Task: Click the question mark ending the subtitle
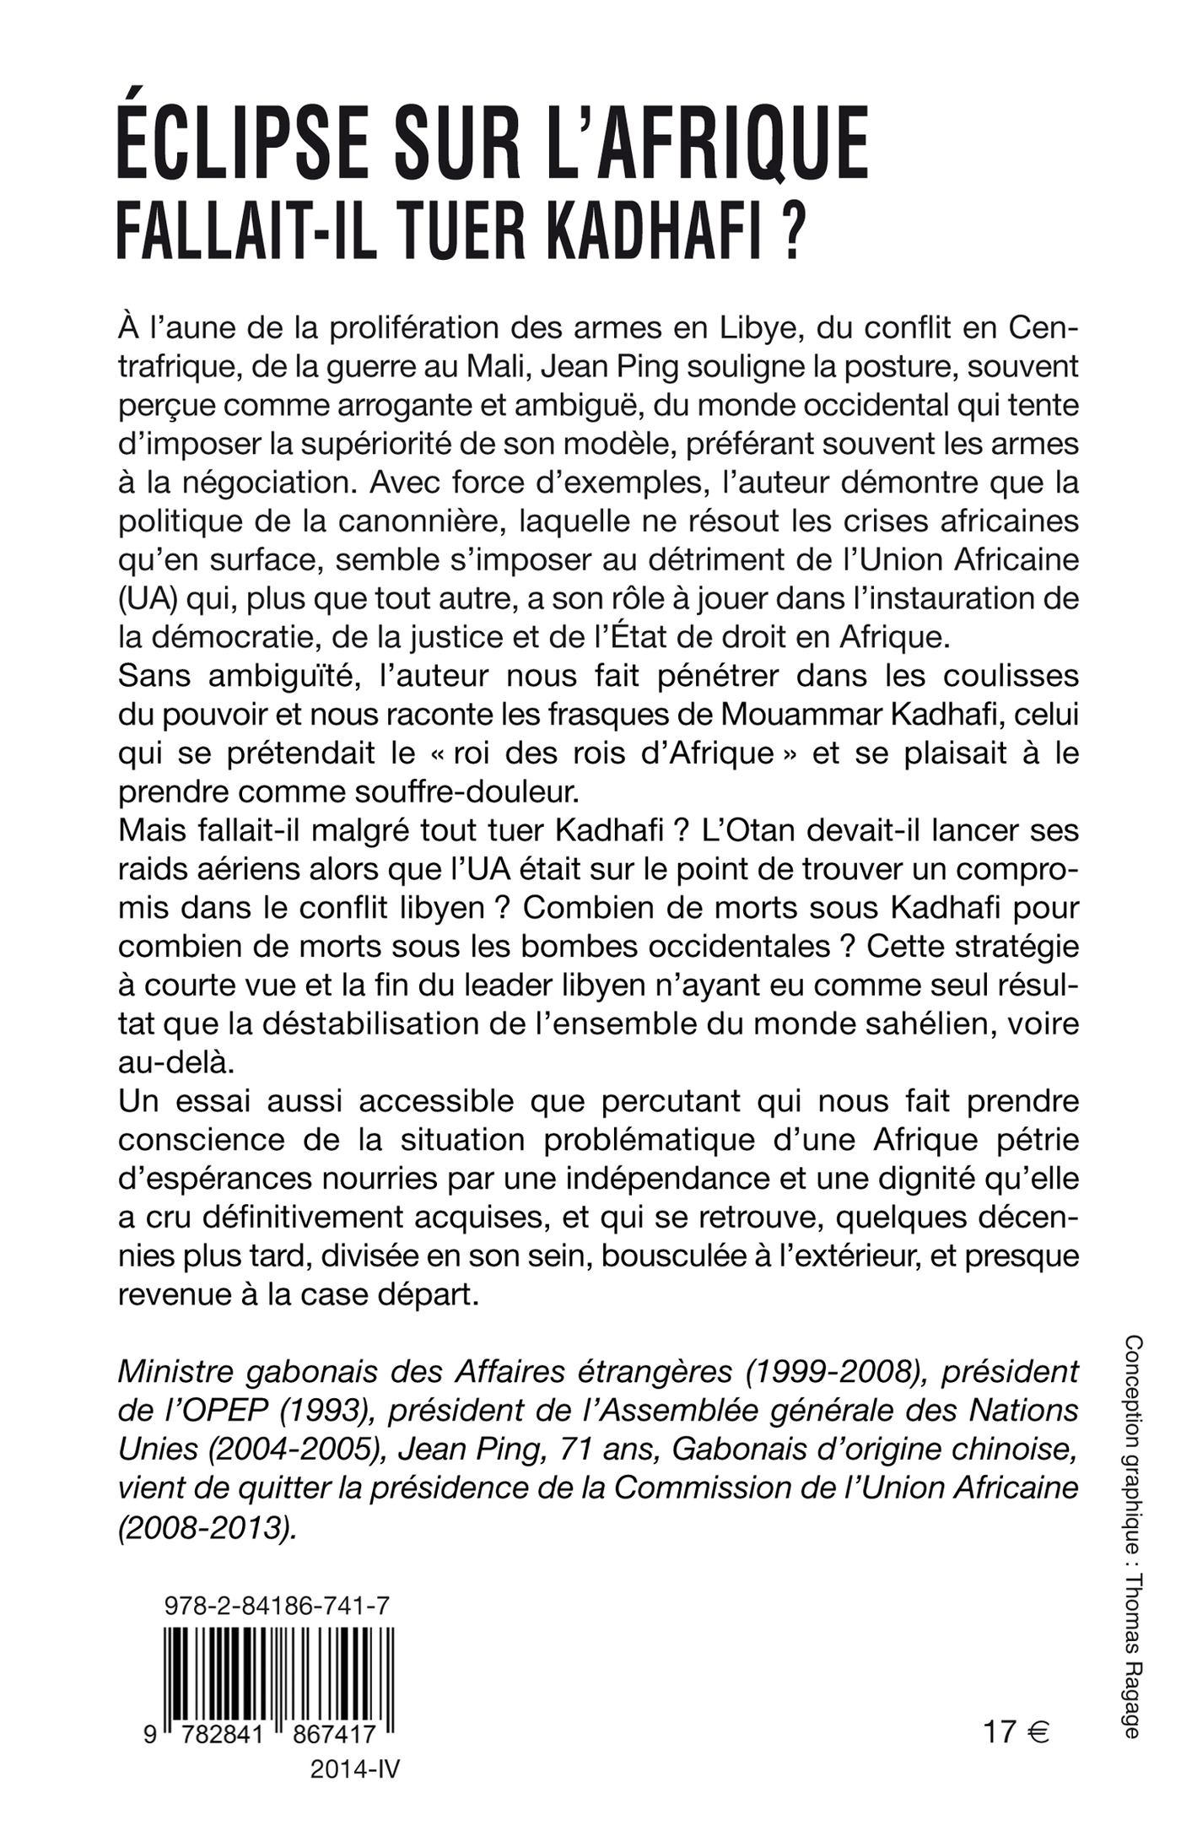coord(789,229)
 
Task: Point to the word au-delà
coord(173,1062)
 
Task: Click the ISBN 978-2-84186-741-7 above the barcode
coord(276,1606)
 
